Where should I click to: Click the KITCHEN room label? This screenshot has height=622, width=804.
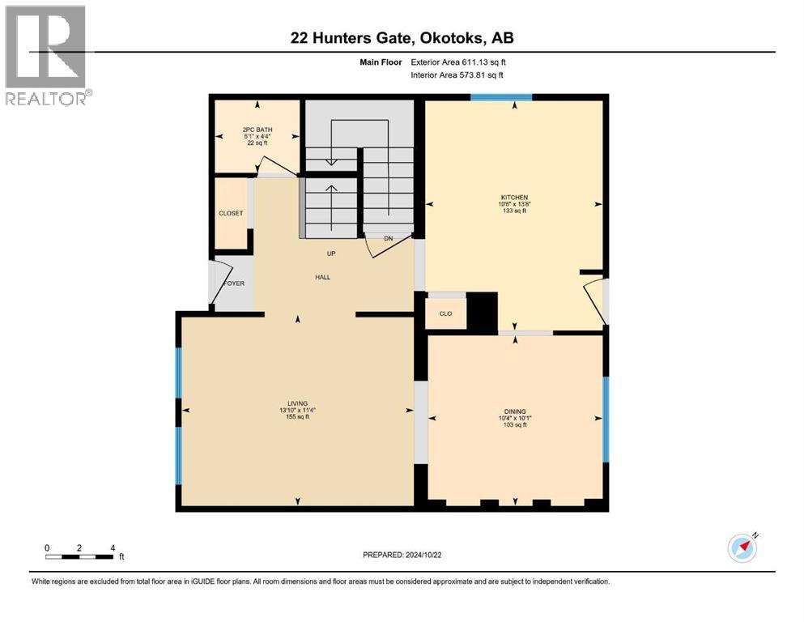click(x=514, y=198)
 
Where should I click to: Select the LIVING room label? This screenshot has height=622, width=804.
click(x=297, y=403)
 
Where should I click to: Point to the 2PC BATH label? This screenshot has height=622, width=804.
click(x=257, y=130)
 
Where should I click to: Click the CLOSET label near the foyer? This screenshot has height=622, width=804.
click(x=231, y=214)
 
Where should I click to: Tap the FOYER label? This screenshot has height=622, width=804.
click(x=234, y=283)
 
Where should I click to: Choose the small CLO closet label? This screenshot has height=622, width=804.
click(x=445, y=313)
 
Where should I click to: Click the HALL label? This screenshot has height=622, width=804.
click(x=323, y=277)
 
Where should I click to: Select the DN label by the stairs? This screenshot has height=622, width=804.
click(x=388, y=239)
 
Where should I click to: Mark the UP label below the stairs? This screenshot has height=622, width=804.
click(x=330, y=253)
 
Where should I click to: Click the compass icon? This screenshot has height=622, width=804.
click(x=742, y=548)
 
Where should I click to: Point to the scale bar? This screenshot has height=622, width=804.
click(x=79, y=556)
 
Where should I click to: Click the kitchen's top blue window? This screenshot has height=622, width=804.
click(x=501, y=97)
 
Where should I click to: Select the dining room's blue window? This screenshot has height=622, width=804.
click(x=605, y=419)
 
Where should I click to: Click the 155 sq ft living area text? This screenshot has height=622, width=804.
click(x=296, y=417)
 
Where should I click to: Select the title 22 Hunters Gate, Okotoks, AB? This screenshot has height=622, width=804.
click(x=402, y=38)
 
